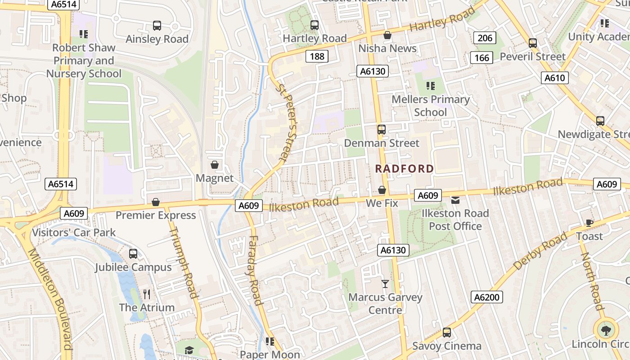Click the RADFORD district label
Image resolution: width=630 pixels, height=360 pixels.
[405, 169]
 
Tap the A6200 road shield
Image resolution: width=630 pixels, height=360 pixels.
[487, 297]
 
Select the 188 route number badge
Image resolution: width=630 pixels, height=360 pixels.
[317, 56]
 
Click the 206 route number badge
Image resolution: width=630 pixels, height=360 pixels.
[485, 38]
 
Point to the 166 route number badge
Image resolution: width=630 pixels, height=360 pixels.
[481, 58]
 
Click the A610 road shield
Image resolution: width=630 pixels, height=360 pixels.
[554, 78]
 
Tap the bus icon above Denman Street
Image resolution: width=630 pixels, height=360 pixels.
[381, 130]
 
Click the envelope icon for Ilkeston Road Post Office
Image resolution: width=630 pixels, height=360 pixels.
[455, 200]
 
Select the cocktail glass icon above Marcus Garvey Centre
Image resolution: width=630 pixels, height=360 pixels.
[385, 283]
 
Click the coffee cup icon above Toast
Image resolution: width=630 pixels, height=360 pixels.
[589, 223]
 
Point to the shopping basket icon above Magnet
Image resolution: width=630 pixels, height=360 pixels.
[215, 165]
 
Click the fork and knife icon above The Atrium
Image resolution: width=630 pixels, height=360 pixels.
[146, 294]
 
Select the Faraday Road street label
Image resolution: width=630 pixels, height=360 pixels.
[254, 270]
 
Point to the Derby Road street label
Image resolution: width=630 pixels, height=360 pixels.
[540, 252]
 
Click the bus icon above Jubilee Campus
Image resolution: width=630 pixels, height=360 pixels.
[133, 253]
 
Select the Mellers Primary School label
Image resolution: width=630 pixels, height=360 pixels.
[431, 105]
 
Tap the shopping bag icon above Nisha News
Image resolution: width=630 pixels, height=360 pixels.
[387, 35]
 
